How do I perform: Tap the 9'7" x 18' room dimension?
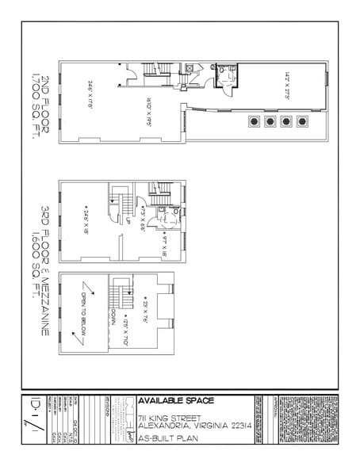pos(164,240)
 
